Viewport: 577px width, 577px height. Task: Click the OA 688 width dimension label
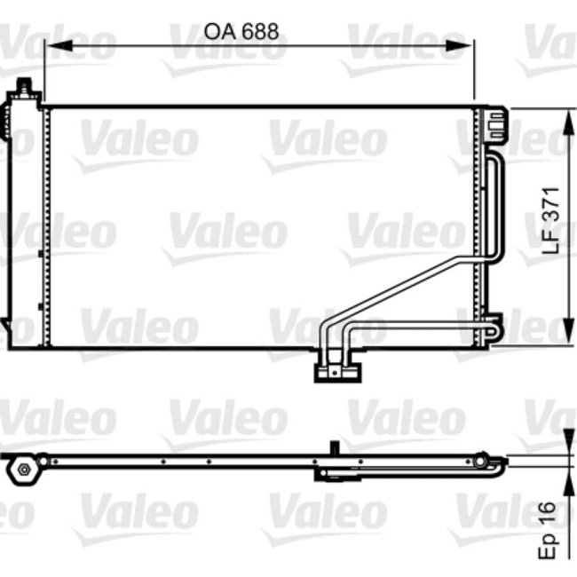tap(241, 32)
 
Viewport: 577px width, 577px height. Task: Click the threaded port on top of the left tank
tap(25, 88)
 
